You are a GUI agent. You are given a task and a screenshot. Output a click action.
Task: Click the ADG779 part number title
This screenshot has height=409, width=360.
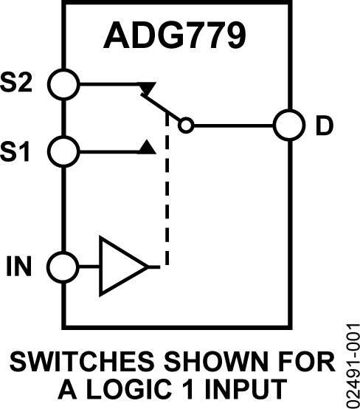tap(174, 34)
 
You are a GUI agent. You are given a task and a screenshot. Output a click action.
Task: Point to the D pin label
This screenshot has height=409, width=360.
tap(325, 126)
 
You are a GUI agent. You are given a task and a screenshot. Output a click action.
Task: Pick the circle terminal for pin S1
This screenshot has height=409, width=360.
tap(64, 152)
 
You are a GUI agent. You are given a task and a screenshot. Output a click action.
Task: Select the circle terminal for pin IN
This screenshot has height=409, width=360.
tap(64, 266)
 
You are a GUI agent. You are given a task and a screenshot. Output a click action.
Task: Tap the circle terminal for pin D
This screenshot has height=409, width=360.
tap(287, 125)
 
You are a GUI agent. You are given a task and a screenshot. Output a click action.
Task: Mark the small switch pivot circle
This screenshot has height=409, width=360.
tap(187, 125)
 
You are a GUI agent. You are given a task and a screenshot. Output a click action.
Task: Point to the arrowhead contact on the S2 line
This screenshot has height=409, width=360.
tap(148, 89)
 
